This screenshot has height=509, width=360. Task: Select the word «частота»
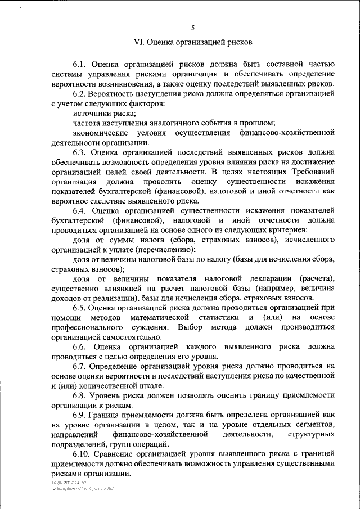click(x=87, y=123)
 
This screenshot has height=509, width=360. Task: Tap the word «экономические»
click(x=100, y=133)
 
